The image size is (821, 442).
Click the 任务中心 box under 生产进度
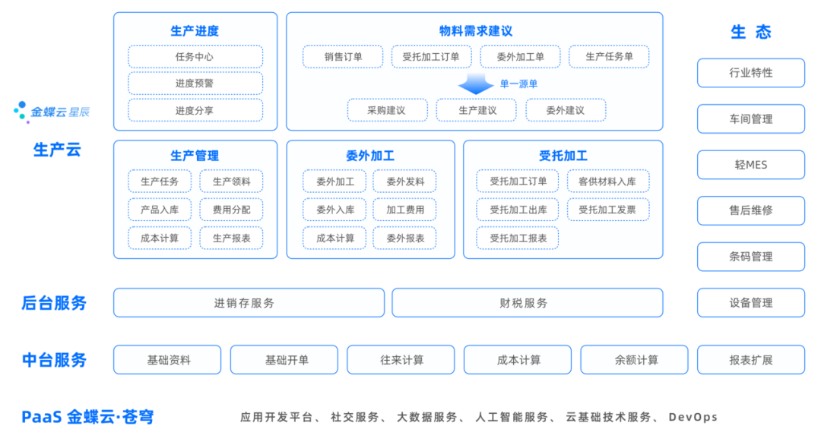tap(195, 57)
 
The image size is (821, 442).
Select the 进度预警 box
tap(195, 84)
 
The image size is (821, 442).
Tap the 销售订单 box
tap(343, 57)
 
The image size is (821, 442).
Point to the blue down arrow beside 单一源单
tap(476, 84)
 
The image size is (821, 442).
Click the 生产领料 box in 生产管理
tap(231, 182)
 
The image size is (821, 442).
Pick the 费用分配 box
tap(231, 210)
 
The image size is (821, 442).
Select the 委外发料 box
tap(404, 182)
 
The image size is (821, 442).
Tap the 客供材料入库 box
tap(607, 182)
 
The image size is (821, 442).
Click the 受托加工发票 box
tap(607, 210)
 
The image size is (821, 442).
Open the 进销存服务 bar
tap(249, 303)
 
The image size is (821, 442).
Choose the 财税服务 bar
tap(527, 303)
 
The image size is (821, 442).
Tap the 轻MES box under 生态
tap(750, 165)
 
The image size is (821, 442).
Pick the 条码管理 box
tap(750, 257)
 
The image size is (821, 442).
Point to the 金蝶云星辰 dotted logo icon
tap(21, 112)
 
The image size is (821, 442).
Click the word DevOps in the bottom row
tap(693, 417)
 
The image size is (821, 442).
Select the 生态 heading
tap(750, 32)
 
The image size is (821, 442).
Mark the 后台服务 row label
tap(54, 303)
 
